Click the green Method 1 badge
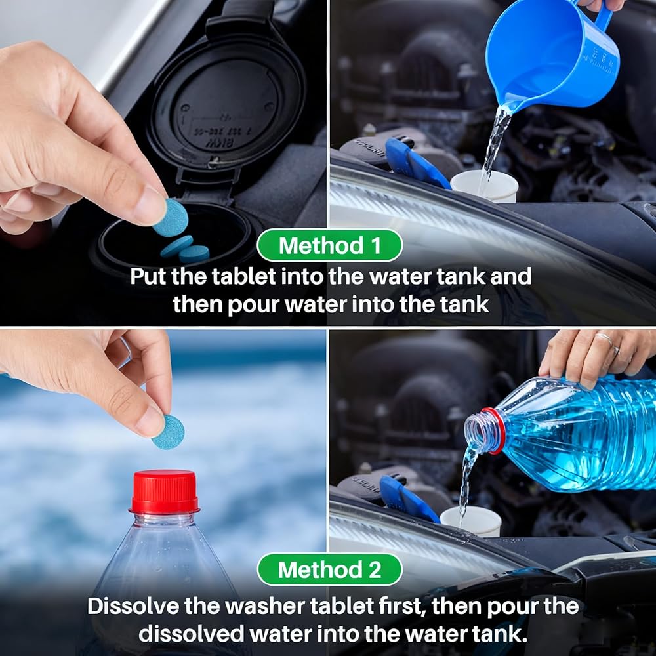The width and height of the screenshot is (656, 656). coord(330,245)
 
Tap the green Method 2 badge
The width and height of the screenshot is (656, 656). coord(330,569)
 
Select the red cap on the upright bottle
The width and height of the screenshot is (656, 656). coord(164,491)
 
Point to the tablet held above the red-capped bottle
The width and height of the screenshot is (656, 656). coord(168,432)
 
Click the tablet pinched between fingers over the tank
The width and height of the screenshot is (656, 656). coord(171,218)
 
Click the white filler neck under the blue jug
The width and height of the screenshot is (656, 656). coord(484,186)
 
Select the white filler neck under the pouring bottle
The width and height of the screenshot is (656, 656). coord(470,521)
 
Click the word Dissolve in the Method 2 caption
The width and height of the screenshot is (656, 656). coord(132,606)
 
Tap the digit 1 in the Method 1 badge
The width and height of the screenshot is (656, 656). coord(376,245)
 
